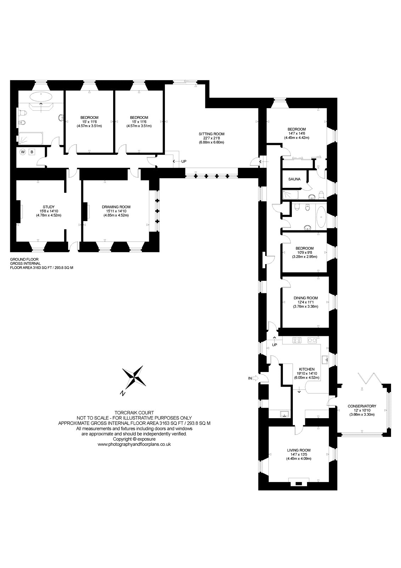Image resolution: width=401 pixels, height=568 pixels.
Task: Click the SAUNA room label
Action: pyautogui.click(x=294, y=179)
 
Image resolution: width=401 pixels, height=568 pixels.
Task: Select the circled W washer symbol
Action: pyautogui.click(x=23, y=152)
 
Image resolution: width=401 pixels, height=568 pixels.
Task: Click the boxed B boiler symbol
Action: pyautogui.click(x=32, y=152)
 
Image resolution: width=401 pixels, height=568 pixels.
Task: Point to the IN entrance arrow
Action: pyautogui.click(x=254, y=378)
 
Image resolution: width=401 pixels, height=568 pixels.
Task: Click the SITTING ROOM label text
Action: pyautogui.click(x=211, y=134)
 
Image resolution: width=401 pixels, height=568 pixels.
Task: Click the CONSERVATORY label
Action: pyautogui.click(x=362, y=406)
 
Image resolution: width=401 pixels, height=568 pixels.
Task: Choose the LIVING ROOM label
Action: pyautogui.click(x=299, y=450)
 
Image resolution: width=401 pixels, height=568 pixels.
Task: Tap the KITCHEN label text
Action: pyautogui.click(x=307, y=369)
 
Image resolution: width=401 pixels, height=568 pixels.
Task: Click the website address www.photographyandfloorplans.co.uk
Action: pyautogui.click(x=134, y=444)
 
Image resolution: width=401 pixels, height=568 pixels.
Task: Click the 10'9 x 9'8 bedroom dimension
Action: pyautogui.click(x=305, y=252)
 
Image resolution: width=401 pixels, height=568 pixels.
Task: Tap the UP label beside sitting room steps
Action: pyautogui.click(x=184, y=161)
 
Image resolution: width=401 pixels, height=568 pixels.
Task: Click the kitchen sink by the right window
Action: pyautogui.click(x=325, y=360)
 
